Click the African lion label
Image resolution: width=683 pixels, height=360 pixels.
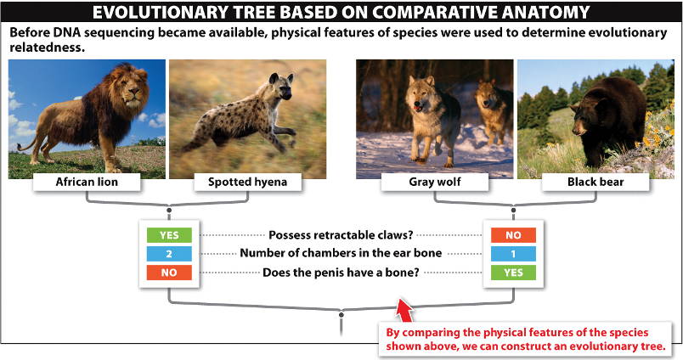point(87,182)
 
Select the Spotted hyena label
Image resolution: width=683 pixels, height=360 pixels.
point(247,182)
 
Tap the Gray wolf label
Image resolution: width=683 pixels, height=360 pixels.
point(435,182)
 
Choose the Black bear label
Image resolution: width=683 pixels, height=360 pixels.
point(596,182)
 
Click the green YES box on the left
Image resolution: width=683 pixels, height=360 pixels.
point(169,235)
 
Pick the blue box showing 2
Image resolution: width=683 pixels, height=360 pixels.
point(169,254)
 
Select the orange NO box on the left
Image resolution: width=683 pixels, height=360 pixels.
point(169,273)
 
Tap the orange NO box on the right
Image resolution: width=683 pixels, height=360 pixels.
point(513,235)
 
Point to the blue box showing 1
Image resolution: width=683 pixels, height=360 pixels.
point(513,254)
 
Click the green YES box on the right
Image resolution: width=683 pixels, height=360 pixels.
point(513,273)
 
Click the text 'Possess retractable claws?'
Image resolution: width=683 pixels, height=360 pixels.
point(341,235)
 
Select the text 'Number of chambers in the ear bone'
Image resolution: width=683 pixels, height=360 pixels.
point(341,253)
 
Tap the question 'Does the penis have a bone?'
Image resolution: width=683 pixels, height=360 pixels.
point(341,273)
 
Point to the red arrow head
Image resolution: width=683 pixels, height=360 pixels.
point(405,307)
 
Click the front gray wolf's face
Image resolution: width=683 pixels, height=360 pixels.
point(419,96)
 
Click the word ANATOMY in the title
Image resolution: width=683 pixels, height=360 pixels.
point(545,12)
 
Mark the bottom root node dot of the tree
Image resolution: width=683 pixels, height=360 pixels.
point(341,314)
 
